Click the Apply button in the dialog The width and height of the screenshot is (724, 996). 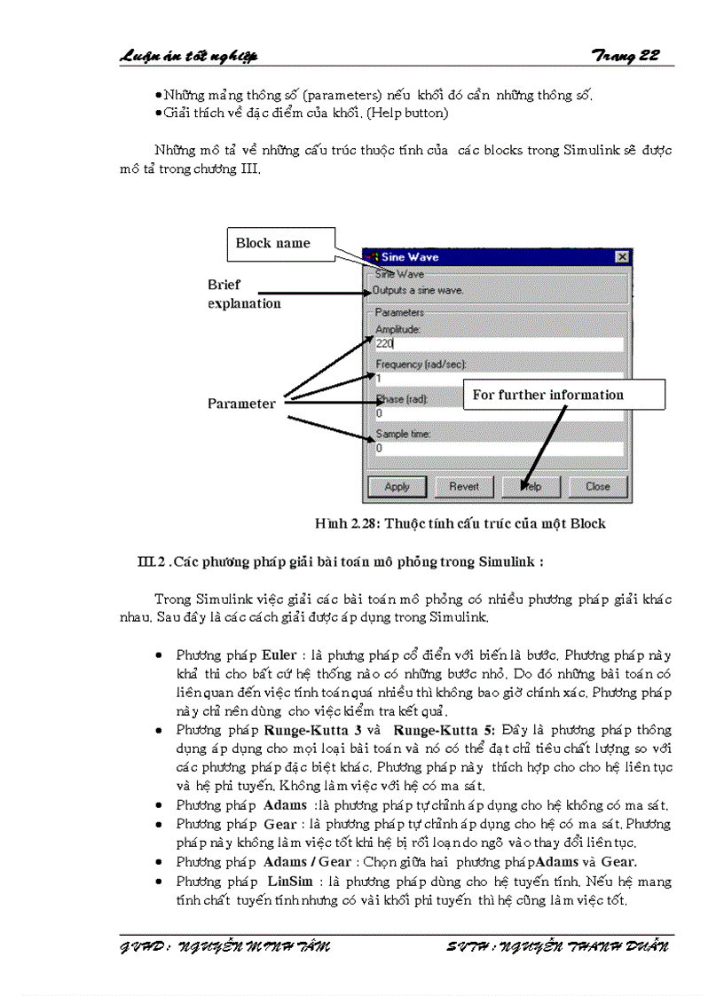click(397, 486)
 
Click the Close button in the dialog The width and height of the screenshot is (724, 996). click(597, 486)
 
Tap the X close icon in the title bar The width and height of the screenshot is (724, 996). click(622, 256)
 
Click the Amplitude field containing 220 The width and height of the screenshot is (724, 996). click(499, 343)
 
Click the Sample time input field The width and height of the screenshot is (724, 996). click(499, 449)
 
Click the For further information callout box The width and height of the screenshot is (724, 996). click(563, 395)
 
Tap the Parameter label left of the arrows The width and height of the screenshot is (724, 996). click(241, 404)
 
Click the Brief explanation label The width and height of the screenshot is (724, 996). click(244, 294)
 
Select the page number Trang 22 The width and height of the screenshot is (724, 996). click(626, 56)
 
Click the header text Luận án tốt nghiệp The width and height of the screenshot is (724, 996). click(188, 56)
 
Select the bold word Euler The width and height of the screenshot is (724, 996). click(279, 655)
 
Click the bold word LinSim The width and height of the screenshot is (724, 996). click(287, 882)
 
